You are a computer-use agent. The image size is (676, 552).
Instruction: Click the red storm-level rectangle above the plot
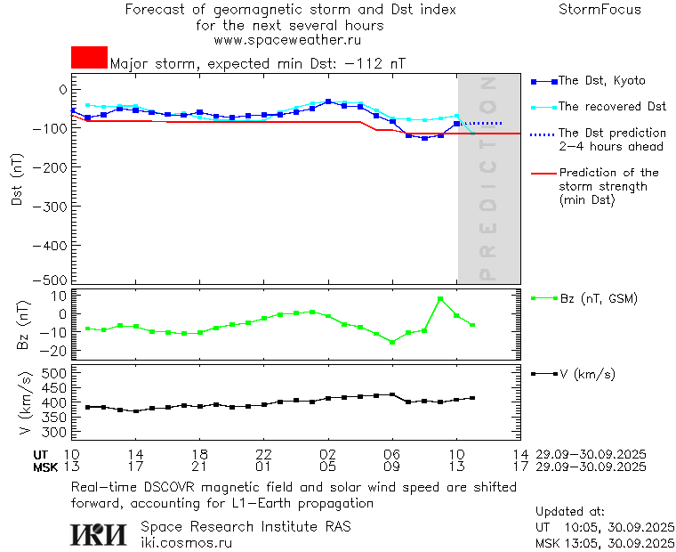coord(89,57)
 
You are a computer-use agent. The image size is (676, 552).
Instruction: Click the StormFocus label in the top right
coord(600,11)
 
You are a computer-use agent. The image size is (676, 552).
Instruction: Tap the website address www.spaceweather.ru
coord(287,40)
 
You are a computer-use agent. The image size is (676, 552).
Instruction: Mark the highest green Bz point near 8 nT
coord(440,299)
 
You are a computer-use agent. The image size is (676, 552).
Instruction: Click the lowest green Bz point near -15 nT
coord(392,342)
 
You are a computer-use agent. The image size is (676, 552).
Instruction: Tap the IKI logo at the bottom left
coord(100,534)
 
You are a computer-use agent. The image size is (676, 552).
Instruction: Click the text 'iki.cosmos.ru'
coord(186,542)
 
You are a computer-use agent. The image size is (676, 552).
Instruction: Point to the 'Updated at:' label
coord(570,512)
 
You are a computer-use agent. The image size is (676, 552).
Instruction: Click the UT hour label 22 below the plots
coord(263,454)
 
